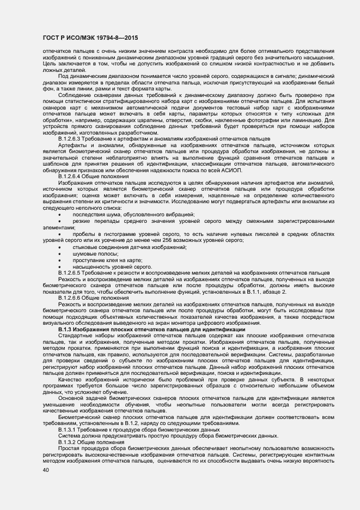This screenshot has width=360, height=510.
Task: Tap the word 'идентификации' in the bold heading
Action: coord(221,330)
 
